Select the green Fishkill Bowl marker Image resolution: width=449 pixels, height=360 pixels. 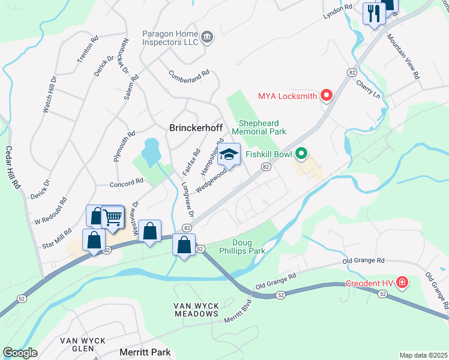[302, 155]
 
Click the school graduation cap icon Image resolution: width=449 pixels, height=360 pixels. [228, 155]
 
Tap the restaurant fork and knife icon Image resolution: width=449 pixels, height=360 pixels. [374, 13]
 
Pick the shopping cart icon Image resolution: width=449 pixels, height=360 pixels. [112, 217]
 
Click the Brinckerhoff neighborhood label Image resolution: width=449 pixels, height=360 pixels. [200, 128]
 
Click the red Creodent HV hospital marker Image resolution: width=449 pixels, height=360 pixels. [402, 283]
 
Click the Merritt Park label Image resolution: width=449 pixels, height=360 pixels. [145, 352]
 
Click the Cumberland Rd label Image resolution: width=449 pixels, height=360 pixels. [188, 75]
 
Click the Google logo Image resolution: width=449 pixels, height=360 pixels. [19, 353]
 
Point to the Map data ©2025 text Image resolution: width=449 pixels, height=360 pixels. [423, 355]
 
